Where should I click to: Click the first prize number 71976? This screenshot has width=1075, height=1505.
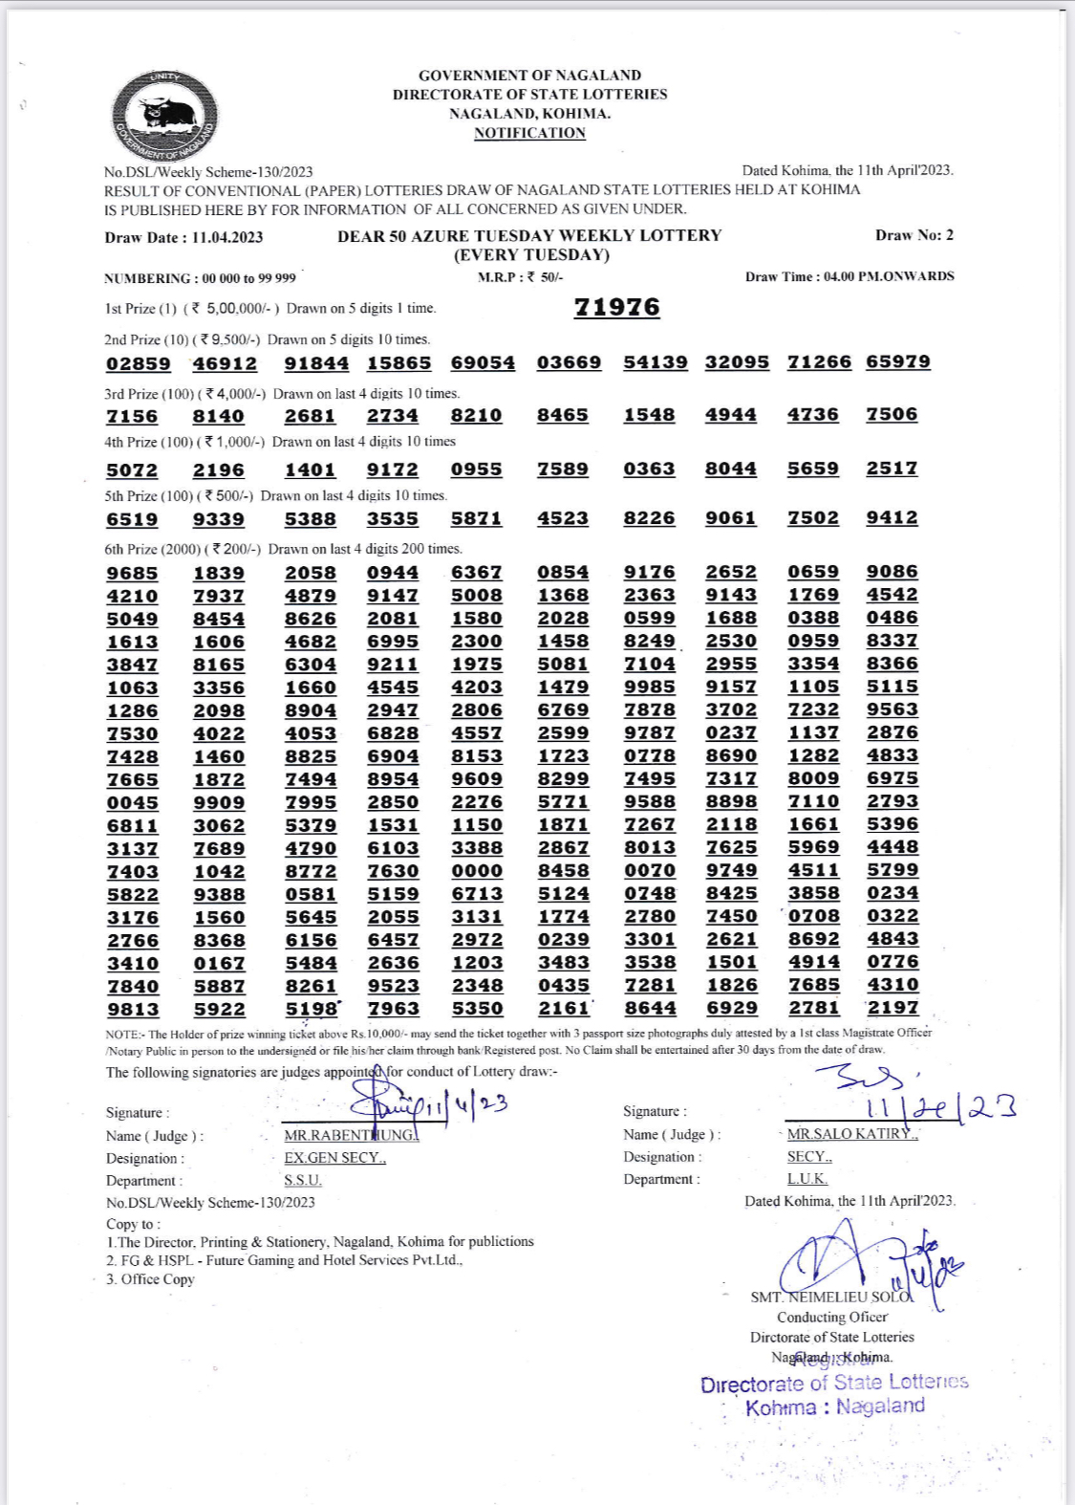coord(616,307)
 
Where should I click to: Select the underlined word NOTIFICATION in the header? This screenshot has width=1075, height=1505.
coord(529,133)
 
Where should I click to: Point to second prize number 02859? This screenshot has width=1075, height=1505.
coord(139,363)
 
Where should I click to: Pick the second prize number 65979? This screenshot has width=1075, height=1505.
coord(897,361)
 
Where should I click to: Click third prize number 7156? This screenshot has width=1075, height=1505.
coord(132,416)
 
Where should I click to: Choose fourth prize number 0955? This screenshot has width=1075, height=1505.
coord(476,469)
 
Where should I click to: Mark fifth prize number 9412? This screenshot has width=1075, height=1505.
coord(892,517)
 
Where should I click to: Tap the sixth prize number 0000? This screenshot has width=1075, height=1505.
coord(476,870)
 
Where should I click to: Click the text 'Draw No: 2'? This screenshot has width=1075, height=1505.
coord(914,235)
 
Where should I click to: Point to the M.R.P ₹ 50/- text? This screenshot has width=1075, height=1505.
coord(521,277)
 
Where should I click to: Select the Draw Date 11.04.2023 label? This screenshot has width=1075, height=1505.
coord(183,237)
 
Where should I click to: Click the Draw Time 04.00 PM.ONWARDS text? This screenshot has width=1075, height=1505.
coord(849,276)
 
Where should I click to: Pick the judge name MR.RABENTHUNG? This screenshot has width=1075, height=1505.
coord(351,1135)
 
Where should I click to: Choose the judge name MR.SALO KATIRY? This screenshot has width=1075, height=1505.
coord(851,1134)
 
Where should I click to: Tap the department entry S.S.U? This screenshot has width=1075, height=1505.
coord(303,1181)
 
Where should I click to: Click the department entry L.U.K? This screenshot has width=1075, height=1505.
coord(807,1179)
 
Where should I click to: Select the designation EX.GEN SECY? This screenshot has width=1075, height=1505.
coord(334,1158)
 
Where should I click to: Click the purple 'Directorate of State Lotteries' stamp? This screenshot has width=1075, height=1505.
coord(833,1384)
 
